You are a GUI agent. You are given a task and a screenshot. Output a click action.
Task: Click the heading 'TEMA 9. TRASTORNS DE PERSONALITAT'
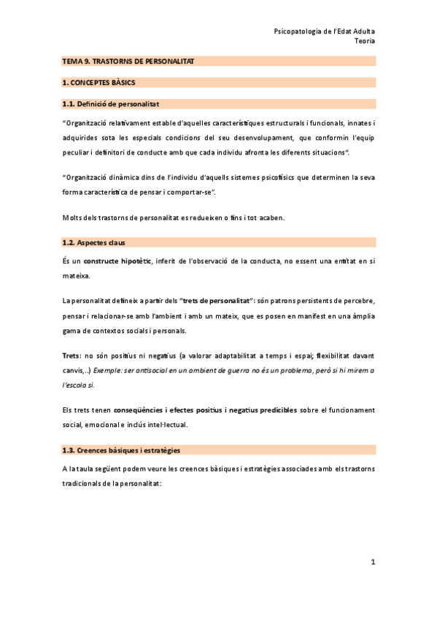128,63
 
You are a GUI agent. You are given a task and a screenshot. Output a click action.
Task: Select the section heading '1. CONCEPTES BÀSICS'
98,84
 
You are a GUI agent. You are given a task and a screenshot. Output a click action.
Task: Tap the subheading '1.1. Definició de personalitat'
111,104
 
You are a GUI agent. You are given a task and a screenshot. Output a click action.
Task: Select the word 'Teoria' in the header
364,42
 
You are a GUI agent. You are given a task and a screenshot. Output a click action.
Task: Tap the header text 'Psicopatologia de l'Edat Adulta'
324,31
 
